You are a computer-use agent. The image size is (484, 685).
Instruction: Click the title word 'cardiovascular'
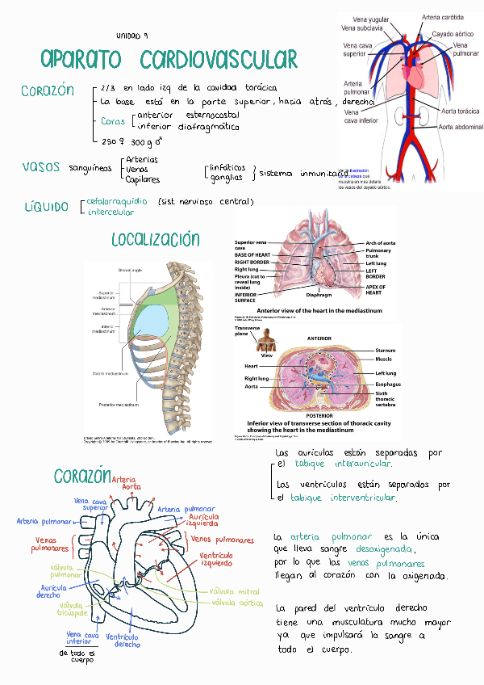coord(218,60)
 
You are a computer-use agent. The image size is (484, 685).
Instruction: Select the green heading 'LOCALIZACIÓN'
coord(156,239)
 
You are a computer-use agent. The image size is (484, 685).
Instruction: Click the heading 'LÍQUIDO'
coord(46,207)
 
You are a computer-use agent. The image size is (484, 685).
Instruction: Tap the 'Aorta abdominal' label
coord(460,127)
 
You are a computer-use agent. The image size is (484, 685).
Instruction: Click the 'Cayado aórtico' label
coord(454,34)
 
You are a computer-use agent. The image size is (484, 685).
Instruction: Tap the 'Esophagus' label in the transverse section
coord(389,385)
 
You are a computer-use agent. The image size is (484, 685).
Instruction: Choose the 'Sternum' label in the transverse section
coord(385,350)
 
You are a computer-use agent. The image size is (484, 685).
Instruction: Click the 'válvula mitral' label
coord(235,591)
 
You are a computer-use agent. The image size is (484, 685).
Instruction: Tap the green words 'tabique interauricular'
coord(344,464)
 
